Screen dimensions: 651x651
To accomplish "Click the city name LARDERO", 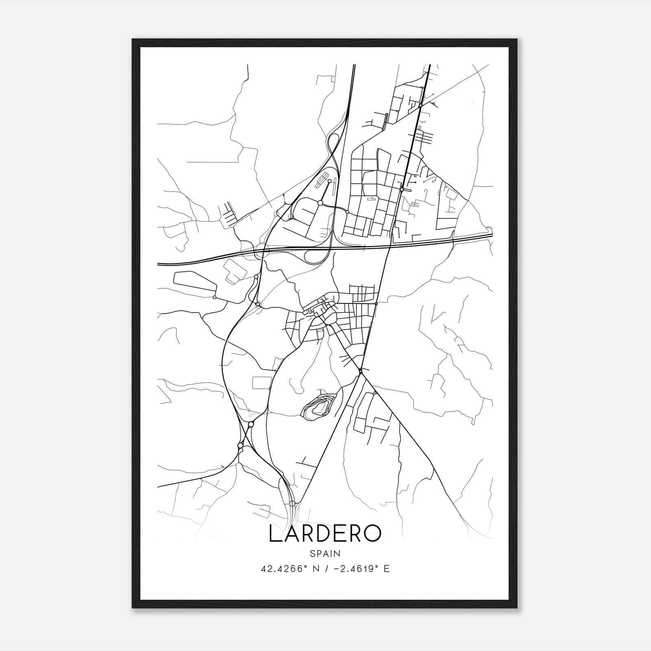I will click(x=325, y=534).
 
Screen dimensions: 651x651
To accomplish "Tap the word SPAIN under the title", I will click(x=325, y=553).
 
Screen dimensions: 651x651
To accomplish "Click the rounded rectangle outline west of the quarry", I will click(x=262, y=382).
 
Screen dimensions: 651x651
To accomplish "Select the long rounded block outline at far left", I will click(x=194, y=281).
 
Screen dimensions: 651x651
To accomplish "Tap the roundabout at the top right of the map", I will click(x=421, y=105).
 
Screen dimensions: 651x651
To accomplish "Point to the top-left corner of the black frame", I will click(x=133, y=40).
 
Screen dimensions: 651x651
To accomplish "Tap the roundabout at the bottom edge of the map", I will click(x=292, y=504).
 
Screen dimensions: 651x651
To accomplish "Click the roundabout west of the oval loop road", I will click(x=320, y=203).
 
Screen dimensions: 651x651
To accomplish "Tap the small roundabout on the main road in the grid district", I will click(x=402, y=189).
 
